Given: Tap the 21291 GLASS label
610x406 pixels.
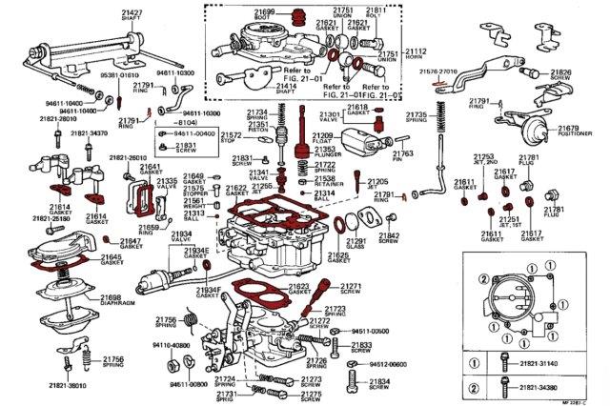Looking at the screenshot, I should [357, 245].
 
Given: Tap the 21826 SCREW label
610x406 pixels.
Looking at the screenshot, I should [560, 76].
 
